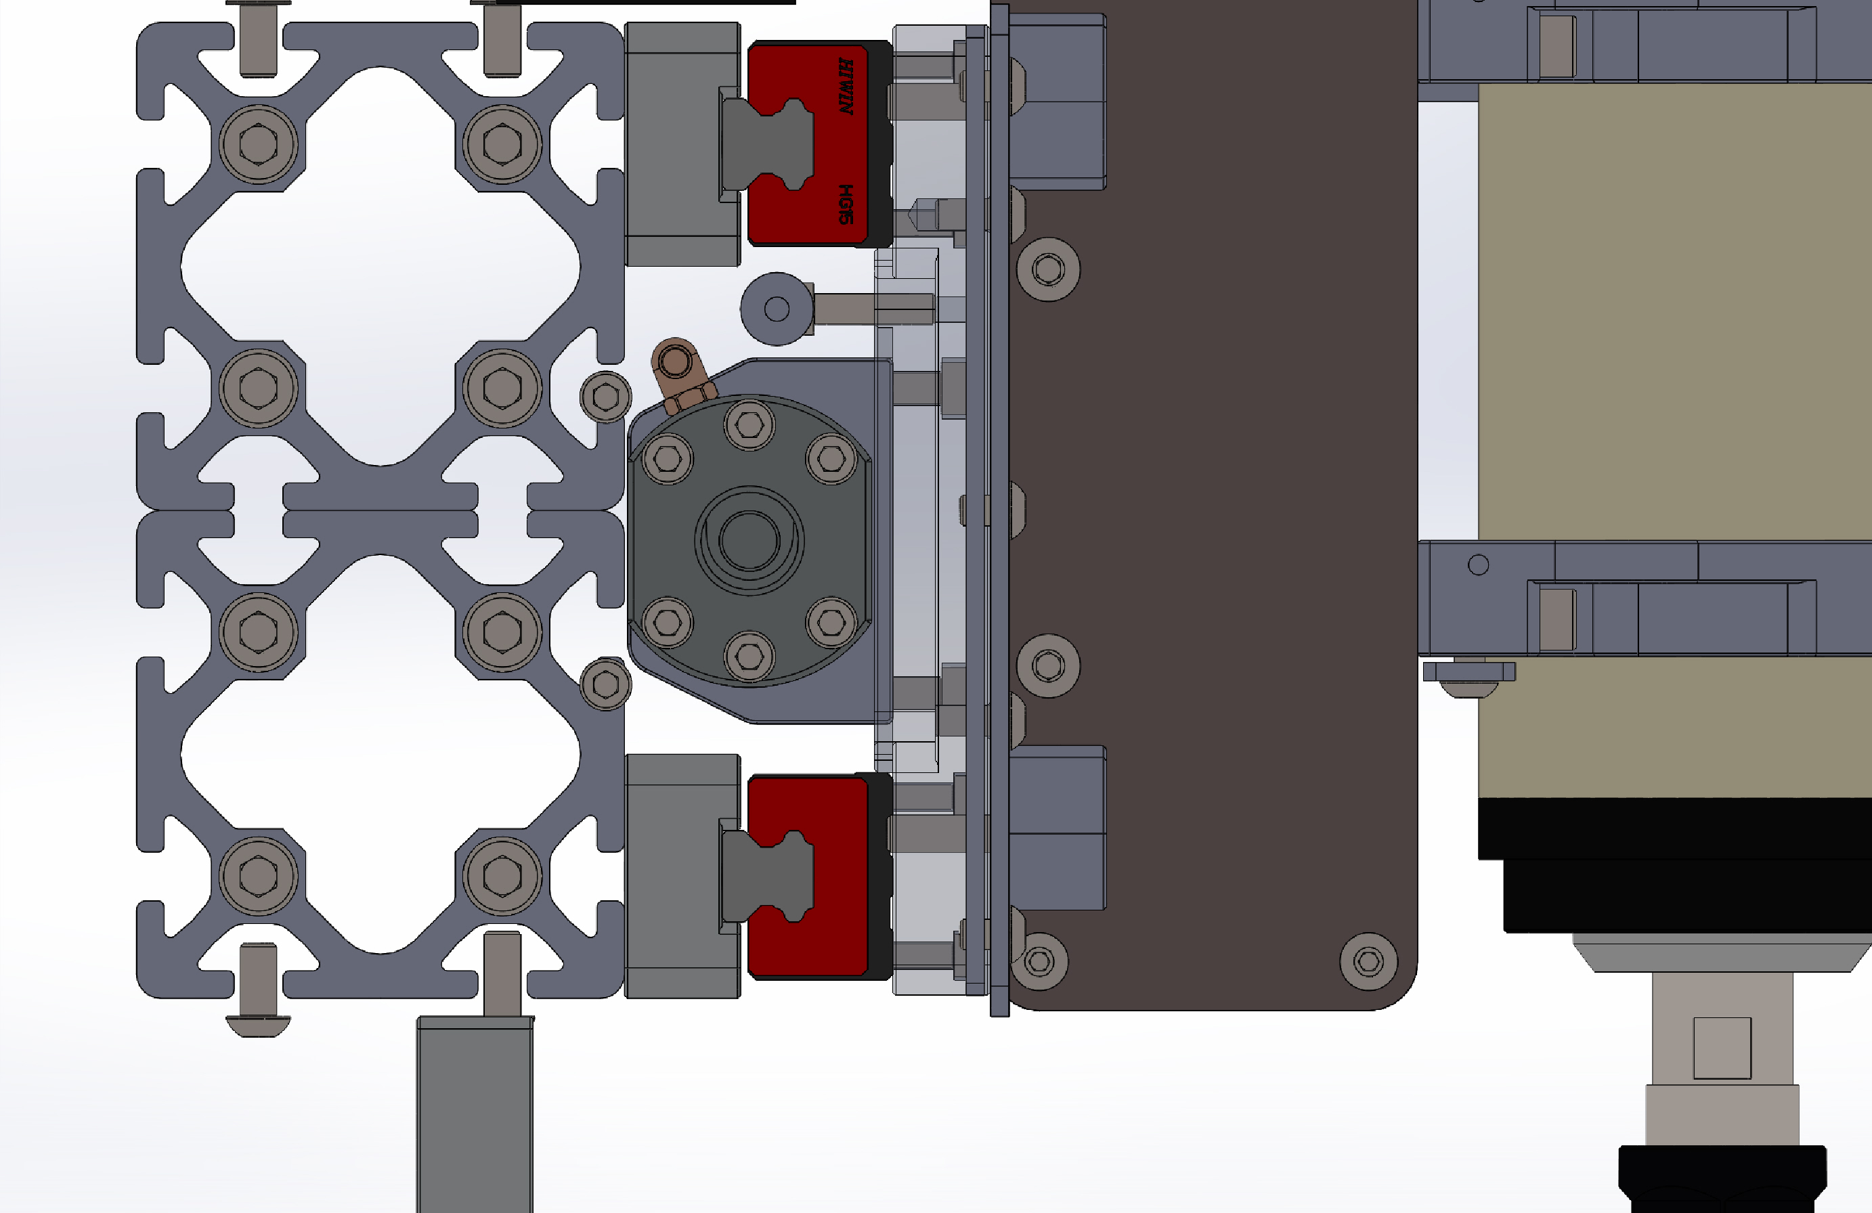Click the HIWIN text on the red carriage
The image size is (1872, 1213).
click(846, 87)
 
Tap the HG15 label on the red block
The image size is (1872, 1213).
click(846, 204)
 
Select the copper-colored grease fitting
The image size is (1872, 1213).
click(681, 376)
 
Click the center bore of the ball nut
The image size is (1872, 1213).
click(749, 540)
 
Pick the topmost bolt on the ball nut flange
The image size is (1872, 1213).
click(749, 425)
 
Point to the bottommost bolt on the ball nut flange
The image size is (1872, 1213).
click(749, 655)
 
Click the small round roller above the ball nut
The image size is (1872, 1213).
click(777, 309)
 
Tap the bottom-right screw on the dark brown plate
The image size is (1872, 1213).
click(1368, 961)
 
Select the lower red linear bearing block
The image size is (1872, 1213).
click(819, 877)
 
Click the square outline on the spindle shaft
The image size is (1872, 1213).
click(1722, 1048)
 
